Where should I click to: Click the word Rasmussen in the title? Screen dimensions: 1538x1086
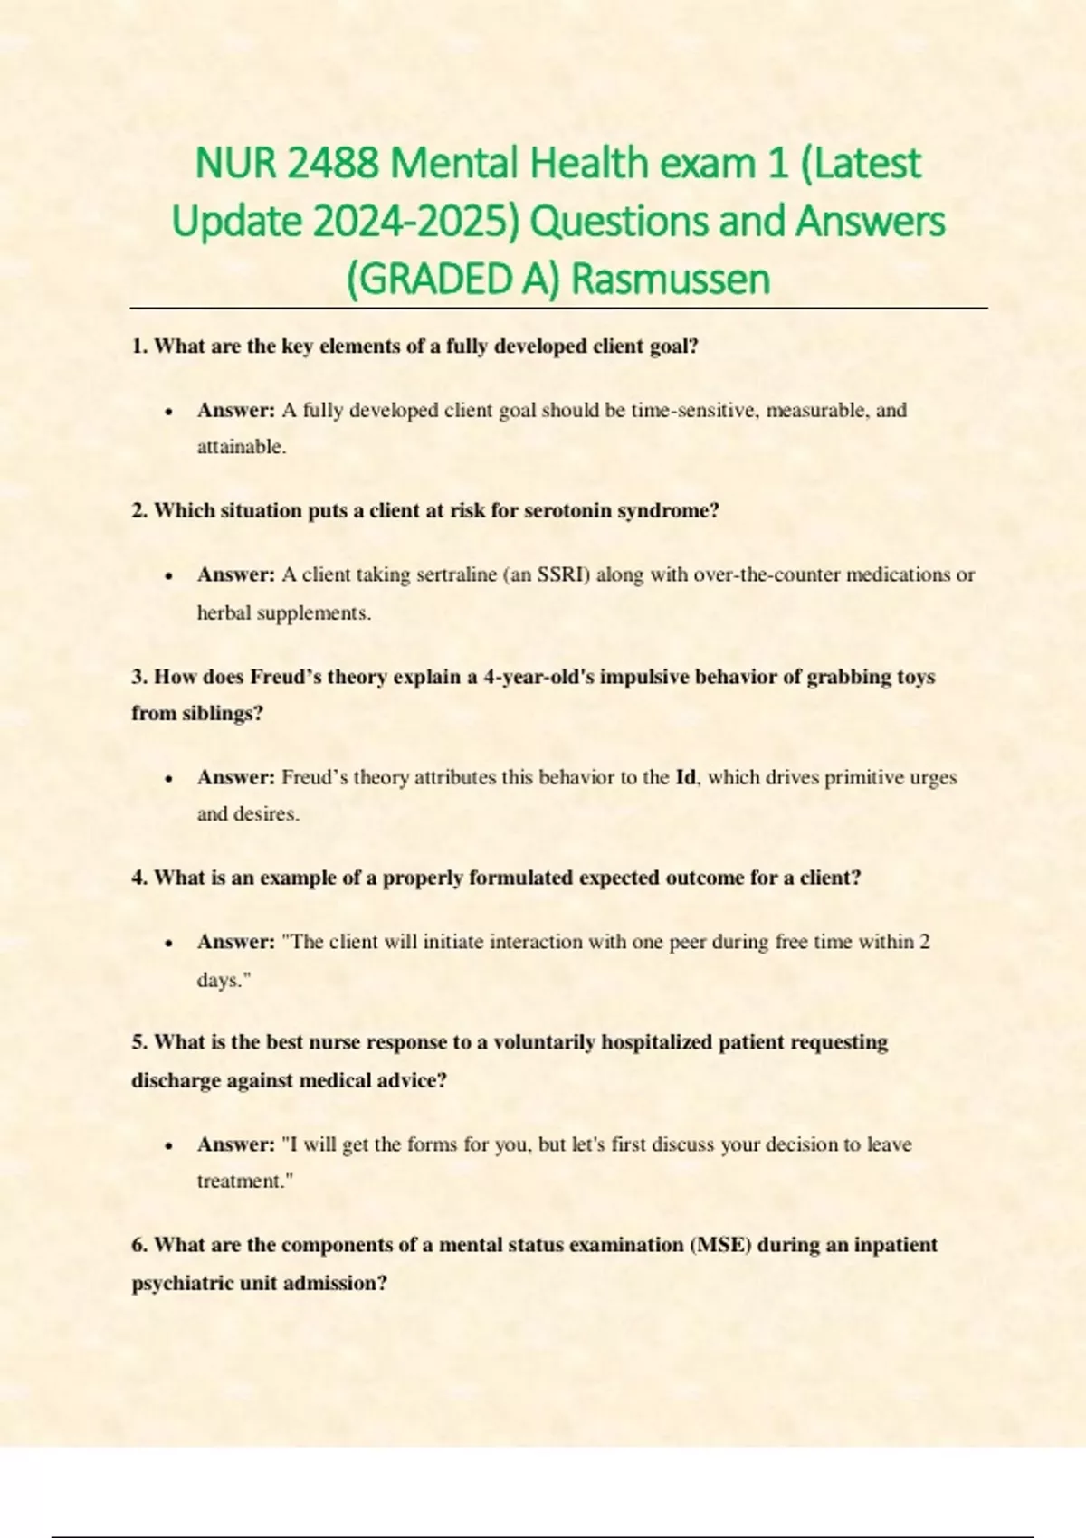pyautogui.click(x=671, y=279)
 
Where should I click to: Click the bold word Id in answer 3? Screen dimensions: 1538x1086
pyautogui.click(x=686, y=777)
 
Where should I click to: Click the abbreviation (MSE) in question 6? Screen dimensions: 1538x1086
pyautogui.click(x=720, y=1245)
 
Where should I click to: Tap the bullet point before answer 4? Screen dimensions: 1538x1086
pyautogui.click(x=169, y=943)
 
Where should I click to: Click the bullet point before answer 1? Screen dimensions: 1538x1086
pyautogui.click(x=169, y=412)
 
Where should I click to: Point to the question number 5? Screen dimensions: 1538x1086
pyautogui.click(x=138, y=1042)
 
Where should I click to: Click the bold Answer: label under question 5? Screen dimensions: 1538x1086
pyautogui.click(x=235, y=1144)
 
